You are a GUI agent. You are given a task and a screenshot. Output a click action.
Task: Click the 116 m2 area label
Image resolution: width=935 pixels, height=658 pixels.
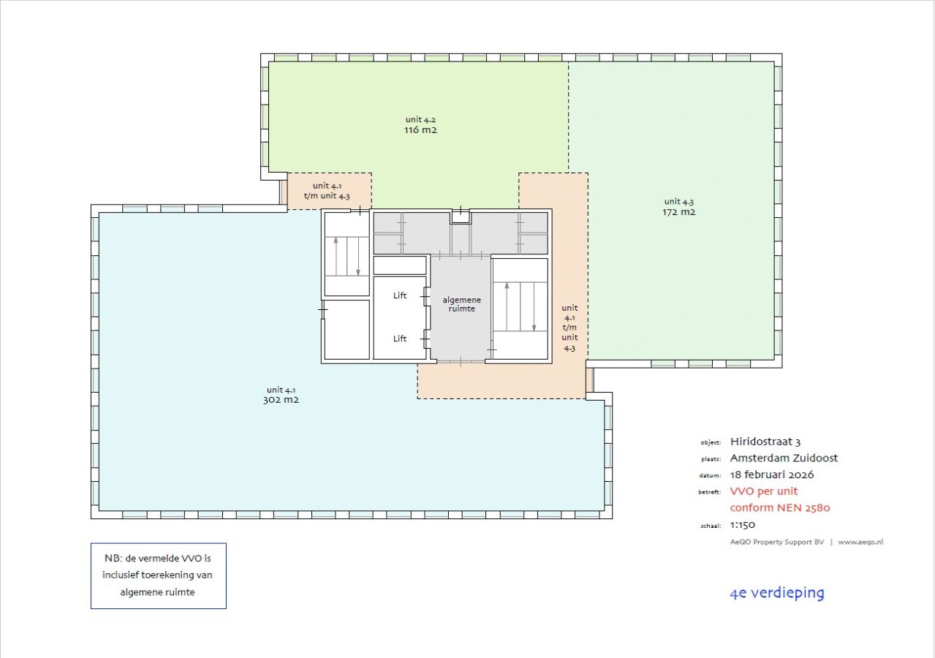(x=420, y=130)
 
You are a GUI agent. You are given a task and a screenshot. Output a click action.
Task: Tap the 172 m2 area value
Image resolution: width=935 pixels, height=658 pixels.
(x=678, y=212)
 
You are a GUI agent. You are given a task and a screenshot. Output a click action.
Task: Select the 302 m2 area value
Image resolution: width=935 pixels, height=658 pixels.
(x=281, y=400)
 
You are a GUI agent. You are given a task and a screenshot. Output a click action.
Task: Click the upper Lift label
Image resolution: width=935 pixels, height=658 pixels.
(x=399, y=295)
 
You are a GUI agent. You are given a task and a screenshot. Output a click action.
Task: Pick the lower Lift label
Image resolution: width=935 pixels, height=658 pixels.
(x=399, y=339)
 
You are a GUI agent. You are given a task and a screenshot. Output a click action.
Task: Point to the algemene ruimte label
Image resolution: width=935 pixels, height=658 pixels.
(x=462, y=304)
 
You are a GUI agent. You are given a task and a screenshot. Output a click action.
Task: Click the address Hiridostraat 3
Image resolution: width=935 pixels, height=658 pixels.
(x=765, y=442)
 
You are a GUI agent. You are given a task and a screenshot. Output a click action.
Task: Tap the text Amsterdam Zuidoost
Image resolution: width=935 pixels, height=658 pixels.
(x=784, y=458)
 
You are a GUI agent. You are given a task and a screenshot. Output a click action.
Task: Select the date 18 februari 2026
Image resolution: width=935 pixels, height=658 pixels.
(x=772, y=474)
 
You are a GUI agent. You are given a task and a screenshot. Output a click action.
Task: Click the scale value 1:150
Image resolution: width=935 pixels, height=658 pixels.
(x=743, y=525)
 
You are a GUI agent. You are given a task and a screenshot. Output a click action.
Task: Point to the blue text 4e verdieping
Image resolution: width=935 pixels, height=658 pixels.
(x=777, y=593)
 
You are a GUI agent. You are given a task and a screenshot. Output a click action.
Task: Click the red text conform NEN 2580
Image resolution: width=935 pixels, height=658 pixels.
(x=780, y=507)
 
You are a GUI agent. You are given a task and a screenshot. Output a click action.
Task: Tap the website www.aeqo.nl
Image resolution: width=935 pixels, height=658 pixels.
(x=860, y=542)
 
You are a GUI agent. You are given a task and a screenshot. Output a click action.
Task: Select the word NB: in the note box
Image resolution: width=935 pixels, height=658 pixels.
(x=113, y=559)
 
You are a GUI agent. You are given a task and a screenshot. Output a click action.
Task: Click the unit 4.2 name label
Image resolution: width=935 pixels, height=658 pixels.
(x=420, y=119)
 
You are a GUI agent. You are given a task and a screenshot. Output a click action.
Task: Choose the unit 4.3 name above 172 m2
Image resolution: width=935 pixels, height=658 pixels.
(x=678, y=202)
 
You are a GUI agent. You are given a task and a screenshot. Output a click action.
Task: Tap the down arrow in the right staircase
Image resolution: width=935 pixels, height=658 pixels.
(x=534, y=307)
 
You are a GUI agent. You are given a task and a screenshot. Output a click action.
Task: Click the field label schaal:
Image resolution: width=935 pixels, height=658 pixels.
(x=711, y=526)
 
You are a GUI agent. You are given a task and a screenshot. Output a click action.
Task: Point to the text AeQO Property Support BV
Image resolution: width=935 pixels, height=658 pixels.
(x=777, y=542)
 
